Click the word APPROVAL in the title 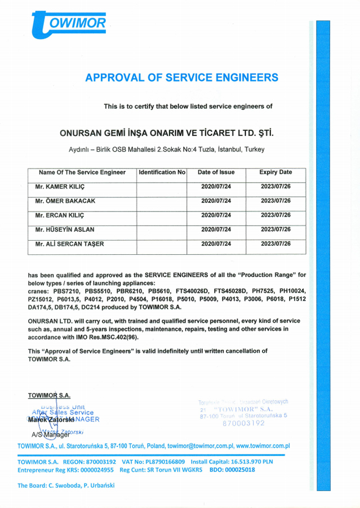coord(110,78)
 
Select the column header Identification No coord(162,172)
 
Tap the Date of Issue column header coord(216,172)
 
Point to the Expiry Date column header coord(275,172)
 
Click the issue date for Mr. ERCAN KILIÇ coord(216,215)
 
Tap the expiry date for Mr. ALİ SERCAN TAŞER coord(275,244)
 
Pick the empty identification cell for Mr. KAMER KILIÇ coord(162,186)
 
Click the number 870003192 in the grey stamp coord(244,423)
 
